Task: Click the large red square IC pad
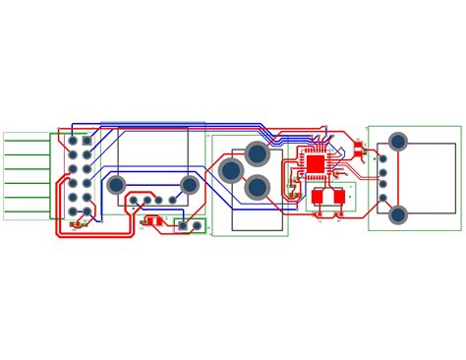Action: click(316, 163)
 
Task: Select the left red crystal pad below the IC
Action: click(319, 197)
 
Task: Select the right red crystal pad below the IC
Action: click(339, 197)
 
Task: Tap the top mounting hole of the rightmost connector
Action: click(398, 142)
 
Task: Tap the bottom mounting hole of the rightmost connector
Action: click(398, 214)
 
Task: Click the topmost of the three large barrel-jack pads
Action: click(257, 153)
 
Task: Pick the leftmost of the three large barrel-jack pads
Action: click(231, 171)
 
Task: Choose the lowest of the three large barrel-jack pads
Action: click(257, 187)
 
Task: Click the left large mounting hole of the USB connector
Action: click(116, 184)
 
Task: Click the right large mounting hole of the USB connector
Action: click(190, 184)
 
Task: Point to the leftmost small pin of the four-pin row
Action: click(134, 201)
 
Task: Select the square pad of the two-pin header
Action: click(183, 225)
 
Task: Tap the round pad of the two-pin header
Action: click(197, 225)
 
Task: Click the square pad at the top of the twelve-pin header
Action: click(87, 141)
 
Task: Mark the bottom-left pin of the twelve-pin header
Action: click(73, 210)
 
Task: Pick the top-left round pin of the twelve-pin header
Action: click(73, 141)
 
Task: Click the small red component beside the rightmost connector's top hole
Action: click(359, 150)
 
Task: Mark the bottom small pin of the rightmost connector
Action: click(382, 198)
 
